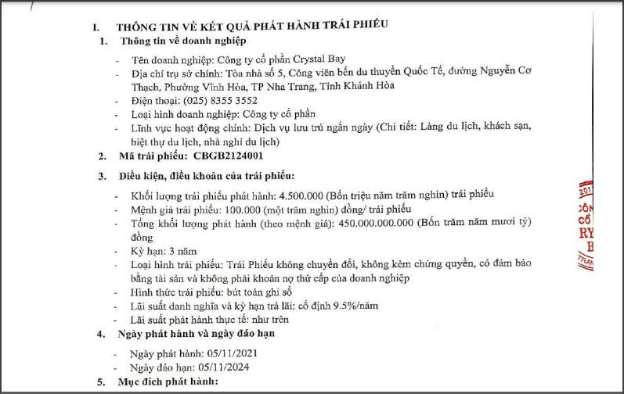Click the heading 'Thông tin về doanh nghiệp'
[182, 41]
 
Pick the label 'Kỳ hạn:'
[147, 252]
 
